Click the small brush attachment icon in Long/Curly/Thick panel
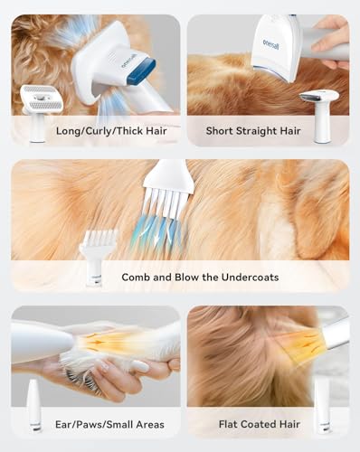tap(39, 110)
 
